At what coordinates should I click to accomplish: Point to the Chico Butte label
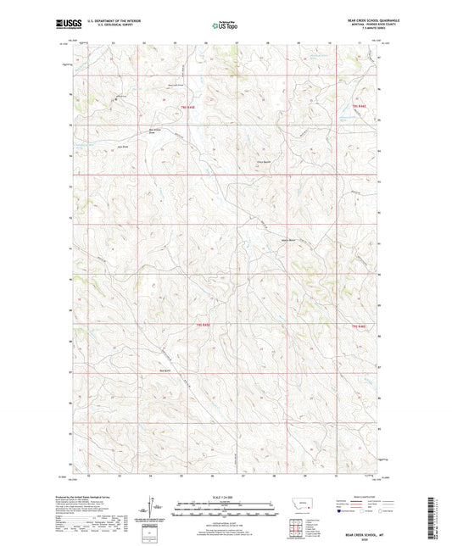[263, 161]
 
